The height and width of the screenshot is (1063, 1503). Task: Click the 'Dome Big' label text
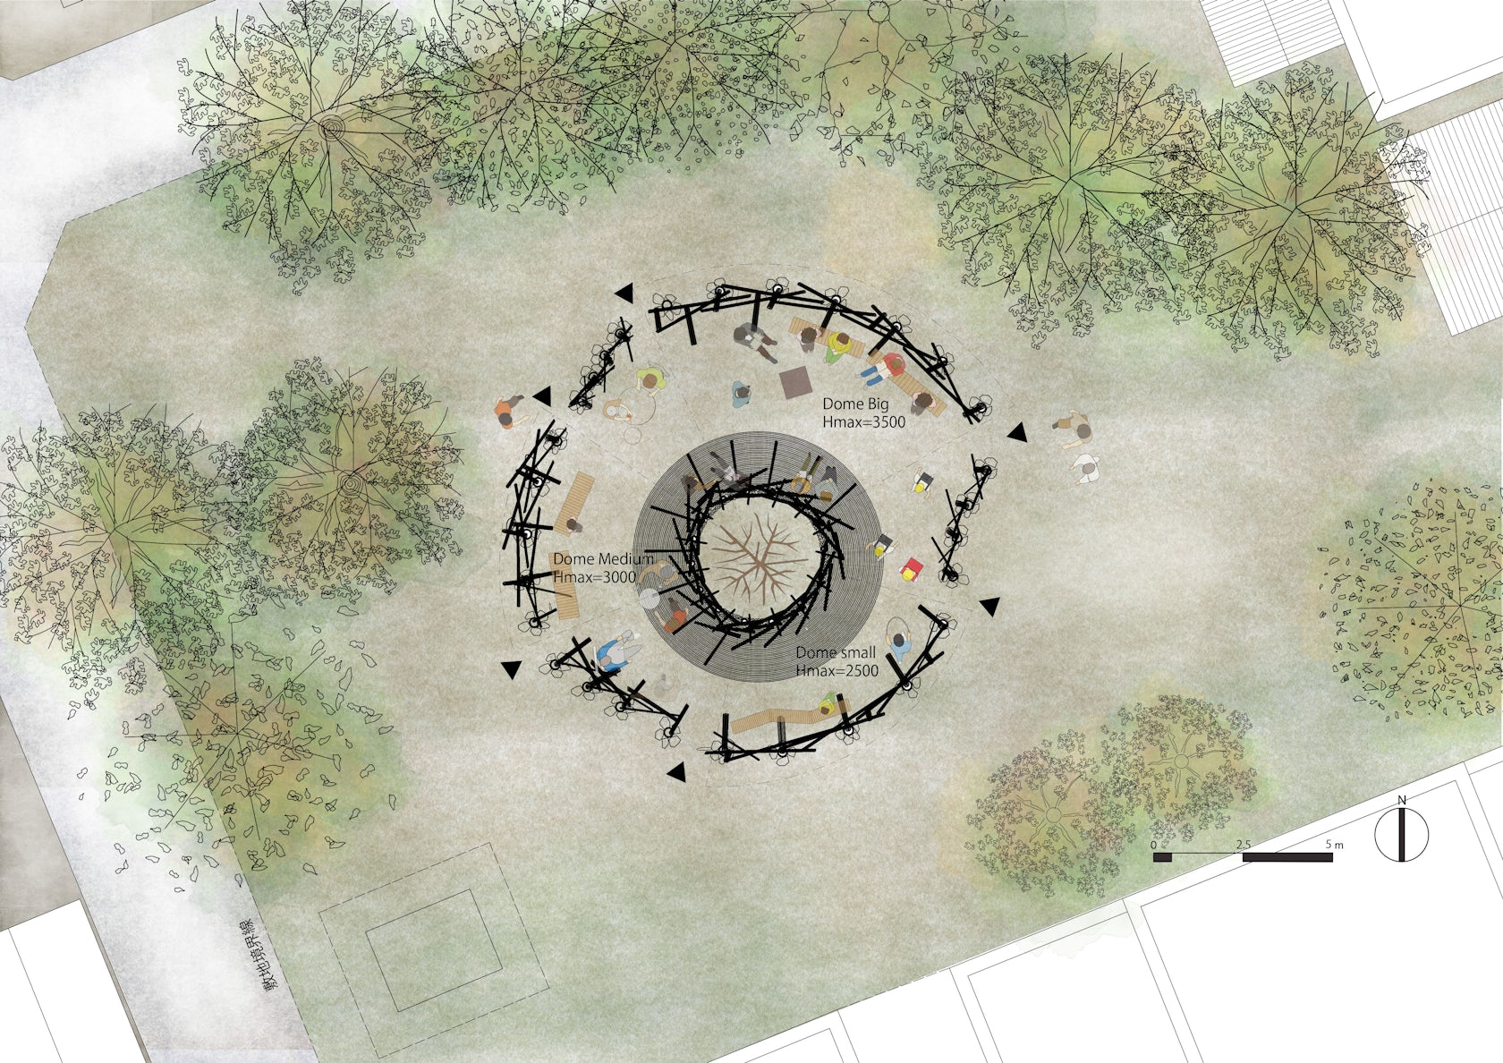(x=855, y=404)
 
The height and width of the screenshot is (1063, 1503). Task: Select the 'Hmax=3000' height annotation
(x=594, y=578)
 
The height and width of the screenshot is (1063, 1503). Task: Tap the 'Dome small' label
(x=836, y=652)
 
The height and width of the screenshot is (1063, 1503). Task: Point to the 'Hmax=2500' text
(x=836, y=671)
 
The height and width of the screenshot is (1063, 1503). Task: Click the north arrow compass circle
(x=1401, y=835)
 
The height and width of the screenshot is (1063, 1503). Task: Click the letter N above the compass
(x=1402, y=799)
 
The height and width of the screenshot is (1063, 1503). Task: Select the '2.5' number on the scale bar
(x=1243, y=845)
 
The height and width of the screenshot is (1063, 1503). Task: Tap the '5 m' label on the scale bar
(x=1334, y=845)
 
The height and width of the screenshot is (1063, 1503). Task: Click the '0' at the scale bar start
(x=1154, y=845)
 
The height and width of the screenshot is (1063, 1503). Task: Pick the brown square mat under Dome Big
(x=794, y=383)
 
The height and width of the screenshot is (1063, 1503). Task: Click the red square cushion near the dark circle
(x=912, y=567)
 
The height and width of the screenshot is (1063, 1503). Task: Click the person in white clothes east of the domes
(x=1086, y=468)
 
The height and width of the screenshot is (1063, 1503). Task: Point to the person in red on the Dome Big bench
(x=890, y=366)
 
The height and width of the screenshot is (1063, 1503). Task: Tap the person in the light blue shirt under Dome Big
(x=742, y=395)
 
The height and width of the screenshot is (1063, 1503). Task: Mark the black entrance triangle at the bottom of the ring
(x=676, y=771)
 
